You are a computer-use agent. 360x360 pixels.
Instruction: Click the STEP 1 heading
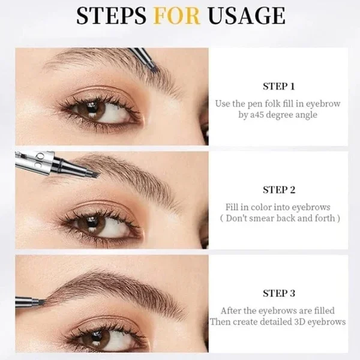279,86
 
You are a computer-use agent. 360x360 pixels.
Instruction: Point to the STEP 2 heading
279,190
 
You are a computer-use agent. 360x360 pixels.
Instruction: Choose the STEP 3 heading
279,293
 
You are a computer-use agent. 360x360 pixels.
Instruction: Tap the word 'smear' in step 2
272,218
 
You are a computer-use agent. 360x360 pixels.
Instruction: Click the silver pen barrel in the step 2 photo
33,161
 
